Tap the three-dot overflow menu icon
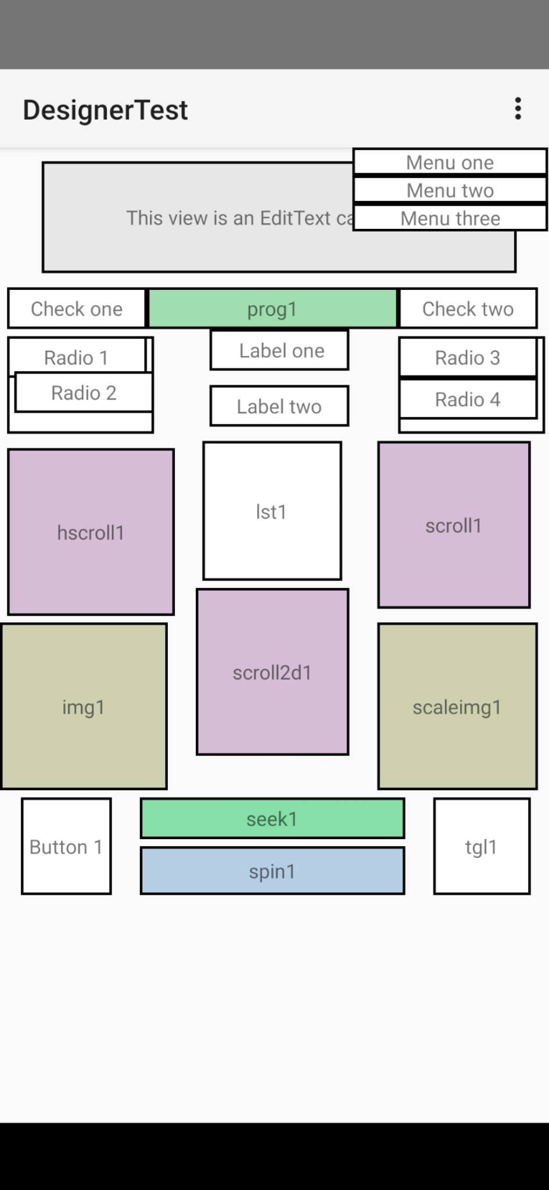518,109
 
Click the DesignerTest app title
105,110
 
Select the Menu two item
450,190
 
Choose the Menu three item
450,218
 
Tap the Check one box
77,309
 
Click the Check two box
468,309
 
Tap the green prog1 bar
272,309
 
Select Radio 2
84,393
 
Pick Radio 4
468,399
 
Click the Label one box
279,350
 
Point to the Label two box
279,406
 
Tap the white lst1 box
272,511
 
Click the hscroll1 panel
91,532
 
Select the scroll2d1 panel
272,672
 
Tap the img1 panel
84,707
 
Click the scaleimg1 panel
457,707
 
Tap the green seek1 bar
272,819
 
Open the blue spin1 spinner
272,871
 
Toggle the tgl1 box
482,847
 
